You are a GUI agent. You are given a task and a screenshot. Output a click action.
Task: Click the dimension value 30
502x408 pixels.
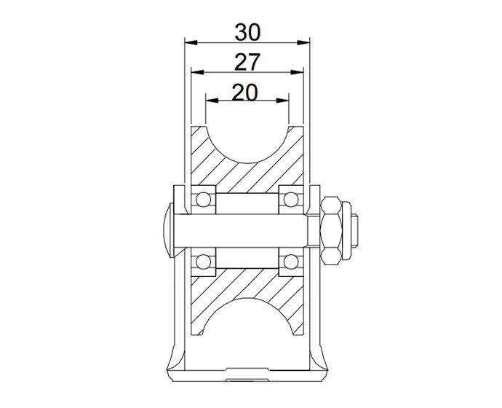[247, 31]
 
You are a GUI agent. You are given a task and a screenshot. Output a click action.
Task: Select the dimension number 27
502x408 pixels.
[247, 63]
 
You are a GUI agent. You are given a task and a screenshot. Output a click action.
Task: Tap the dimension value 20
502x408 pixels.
[247, 93]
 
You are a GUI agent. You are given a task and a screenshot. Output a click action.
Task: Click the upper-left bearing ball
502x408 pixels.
[204, 199]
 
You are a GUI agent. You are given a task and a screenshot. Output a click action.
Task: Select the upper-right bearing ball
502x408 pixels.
[292, 199]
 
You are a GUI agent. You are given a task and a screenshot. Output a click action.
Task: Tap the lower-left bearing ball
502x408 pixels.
[204, 260]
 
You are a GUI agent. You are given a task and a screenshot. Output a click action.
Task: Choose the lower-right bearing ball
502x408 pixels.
[292, 260]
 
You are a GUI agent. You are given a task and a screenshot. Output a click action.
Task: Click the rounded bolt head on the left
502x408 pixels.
[167, 229]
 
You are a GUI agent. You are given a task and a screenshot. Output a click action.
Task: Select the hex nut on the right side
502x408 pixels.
[332, 229]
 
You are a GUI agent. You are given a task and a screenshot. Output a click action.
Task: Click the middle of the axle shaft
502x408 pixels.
[247, 229]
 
